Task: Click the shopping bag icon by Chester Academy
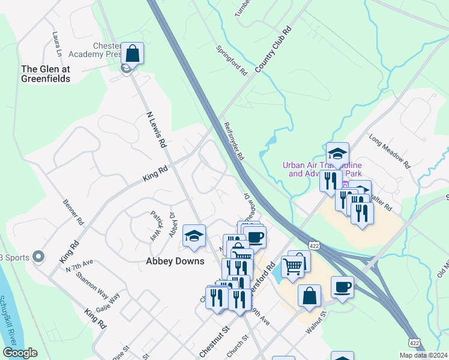[133, 53]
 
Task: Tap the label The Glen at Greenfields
[46, 74]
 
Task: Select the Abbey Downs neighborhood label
[175, 261]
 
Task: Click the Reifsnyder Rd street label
[234, 141]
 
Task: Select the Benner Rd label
[73, 212]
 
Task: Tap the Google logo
[20, 353]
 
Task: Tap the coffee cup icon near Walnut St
[342, 287]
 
